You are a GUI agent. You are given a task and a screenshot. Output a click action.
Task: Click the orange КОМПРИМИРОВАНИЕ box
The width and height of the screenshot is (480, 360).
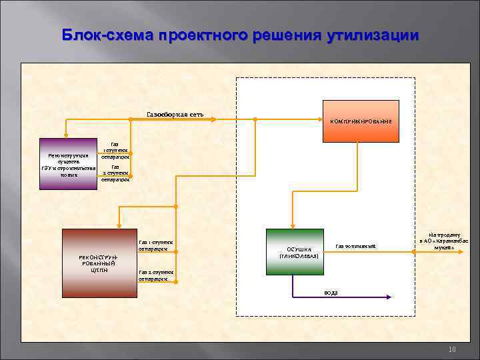click(361, 121)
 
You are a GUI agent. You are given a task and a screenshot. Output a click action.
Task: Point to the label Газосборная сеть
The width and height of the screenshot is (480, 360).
click(175, 114)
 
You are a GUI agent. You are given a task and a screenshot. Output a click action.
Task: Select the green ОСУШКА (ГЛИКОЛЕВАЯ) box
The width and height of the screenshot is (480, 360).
click(294, 251)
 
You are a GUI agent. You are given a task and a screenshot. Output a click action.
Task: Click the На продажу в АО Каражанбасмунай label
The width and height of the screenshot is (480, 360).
click(443, 241)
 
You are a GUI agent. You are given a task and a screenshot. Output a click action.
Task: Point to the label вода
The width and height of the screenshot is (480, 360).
click(331, 293)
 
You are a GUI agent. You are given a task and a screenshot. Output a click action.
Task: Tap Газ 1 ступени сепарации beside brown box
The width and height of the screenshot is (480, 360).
click(155, 245)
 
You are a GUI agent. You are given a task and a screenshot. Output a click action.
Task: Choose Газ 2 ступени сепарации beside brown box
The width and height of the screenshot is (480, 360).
click(155, 275)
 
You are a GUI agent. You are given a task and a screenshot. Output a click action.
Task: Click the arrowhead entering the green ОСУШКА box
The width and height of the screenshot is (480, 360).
click(292, 225)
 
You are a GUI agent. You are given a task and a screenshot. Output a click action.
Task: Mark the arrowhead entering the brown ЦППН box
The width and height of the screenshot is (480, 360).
click(118, 225)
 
